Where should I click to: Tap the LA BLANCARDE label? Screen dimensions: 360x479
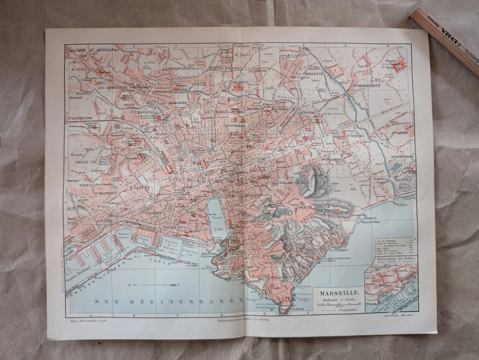[178, 69]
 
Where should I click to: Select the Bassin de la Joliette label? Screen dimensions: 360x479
[171, 244]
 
